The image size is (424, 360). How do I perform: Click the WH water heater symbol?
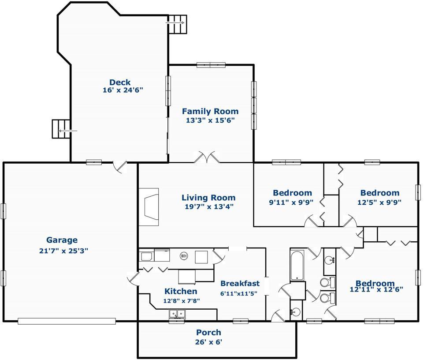coord(184,255)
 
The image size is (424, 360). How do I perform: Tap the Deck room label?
coord(120,82)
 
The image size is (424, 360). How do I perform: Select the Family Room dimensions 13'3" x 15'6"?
coord(210,120)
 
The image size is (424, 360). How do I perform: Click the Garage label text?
coord(62,240)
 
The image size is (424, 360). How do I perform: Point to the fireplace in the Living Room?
coord(149,207)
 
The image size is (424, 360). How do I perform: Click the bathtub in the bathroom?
coord(297,266)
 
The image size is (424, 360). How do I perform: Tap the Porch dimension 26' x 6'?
coord(208,342)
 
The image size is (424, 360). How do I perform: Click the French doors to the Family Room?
coord(207,157)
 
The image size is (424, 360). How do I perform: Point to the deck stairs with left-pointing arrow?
coord(61,129)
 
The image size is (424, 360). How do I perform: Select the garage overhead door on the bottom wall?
coord(67,321)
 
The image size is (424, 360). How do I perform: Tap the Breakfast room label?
coord(240,283)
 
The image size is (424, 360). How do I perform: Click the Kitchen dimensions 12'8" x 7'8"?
coord(182,301)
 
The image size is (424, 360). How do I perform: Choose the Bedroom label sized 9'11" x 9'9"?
coord(292,193)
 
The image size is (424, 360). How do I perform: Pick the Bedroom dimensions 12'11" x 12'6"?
coord(376,289)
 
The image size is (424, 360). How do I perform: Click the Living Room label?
coord(208,198)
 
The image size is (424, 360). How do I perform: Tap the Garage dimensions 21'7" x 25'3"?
coord(63,251)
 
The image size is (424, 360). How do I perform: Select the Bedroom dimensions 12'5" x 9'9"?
coord(379,202)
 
